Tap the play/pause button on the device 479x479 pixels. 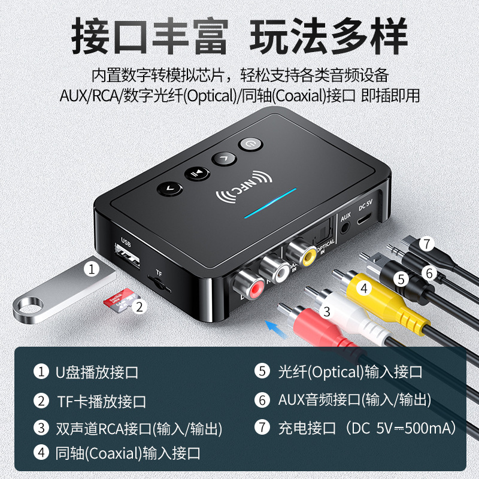coord(196,174)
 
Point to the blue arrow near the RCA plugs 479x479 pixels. coord(276,327)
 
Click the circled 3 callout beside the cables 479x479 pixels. coord(327,311)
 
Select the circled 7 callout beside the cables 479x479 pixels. coord(426,244)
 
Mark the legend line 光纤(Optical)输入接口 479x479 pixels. coord(350,372)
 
